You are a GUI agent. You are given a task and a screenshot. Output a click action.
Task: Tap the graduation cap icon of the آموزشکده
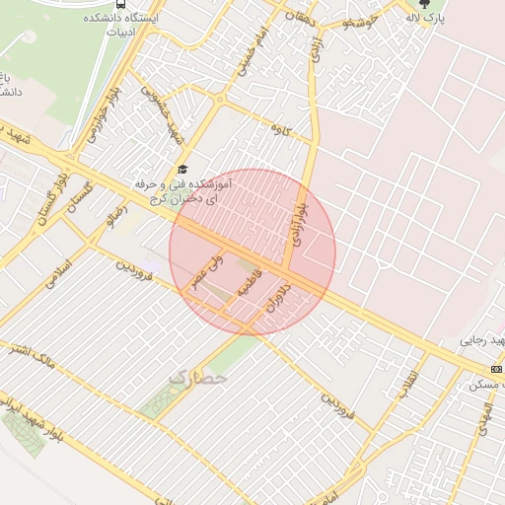pyautogui.click(x=181, y=169)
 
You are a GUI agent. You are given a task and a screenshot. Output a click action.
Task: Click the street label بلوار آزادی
pyautogui.click(x=299, y=220)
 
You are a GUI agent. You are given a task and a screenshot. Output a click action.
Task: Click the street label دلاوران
pyautogui.click(x=277, y=298)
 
